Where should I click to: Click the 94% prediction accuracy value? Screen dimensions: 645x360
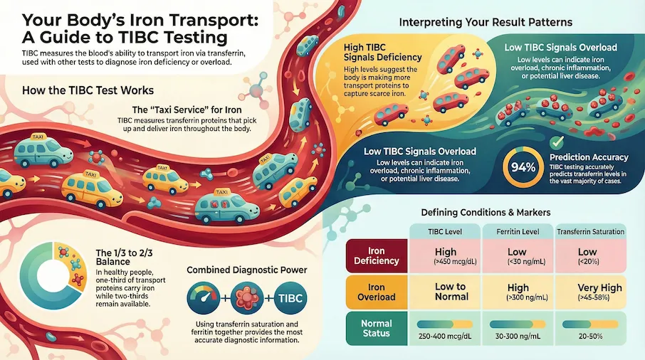[523, 167]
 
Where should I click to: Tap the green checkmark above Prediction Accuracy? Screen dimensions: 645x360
[557, 142]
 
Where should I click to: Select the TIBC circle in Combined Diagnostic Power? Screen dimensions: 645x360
[290, 298]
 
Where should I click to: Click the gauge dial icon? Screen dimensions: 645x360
[204, 298]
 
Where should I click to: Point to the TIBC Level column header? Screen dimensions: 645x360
[445, 232]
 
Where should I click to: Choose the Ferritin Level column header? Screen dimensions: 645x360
[518, 232]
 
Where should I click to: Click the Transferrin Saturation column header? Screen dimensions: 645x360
[591, 232]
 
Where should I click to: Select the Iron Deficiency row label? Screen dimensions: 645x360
[377, 255]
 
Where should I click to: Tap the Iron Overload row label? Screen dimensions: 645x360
[377, 292]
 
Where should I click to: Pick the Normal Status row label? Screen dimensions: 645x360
[377, 329]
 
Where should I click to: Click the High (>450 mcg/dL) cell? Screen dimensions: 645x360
[445, 255]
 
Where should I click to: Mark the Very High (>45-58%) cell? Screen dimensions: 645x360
[591, 292]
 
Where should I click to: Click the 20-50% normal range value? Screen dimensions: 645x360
[590, 336]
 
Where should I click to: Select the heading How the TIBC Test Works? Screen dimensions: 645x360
[88, 90]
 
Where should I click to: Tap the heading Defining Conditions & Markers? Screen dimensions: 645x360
[486, 213]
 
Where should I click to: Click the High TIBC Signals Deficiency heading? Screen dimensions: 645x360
[382, 52]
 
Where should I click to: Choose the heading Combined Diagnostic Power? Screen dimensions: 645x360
[247, 270]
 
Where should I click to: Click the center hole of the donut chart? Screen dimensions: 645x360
[53, 275]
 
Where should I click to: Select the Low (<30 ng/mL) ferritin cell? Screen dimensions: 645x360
[518, 255]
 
